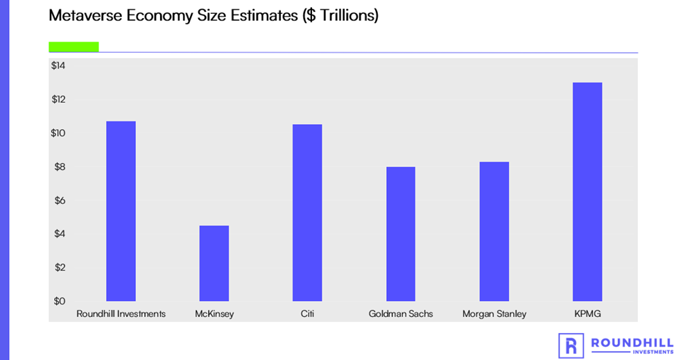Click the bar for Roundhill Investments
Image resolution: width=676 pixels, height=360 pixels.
click(x=121, y=211)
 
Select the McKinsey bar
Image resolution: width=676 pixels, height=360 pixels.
click(x=214, y=263)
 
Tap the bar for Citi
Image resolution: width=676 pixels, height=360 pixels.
click(x=307, y=212)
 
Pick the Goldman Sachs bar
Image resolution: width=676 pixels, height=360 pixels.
click(x=400, y=234)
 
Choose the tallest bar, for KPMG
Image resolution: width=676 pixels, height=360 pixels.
click(x=587, y=191)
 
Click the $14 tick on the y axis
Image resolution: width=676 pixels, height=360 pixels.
click(x=58, y=66)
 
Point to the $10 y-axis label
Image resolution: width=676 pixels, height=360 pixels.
click(x=58, y=133)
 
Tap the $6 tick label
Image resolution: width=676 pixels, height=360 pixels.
click(x=58, y=200)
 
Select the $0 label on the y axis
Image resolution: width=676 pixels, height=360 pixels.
click(x=58, y=301)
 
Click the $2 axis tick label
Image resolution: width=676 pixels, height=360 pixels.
click(x=58, y=268)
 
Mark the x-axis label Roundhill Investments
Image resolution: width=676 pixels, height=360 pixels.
click(x=121, y=314)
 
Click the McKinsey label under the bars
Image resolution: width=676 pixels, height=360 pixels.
click(x=214, y=314)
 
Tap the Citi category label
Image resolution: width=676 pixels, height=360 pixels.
click(x=307, y=314)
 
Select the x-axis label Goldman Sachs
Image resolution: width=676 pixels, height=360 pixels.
click(x=401, y=314)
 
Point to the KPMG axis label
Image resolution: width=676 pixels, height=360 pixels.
click(x=587, y=314)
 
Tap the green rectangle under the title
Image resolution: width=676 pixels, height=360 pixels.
click(x=73, y=46)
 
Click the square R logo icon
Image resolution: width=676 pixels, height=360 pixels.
click(x=571, y=345)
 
